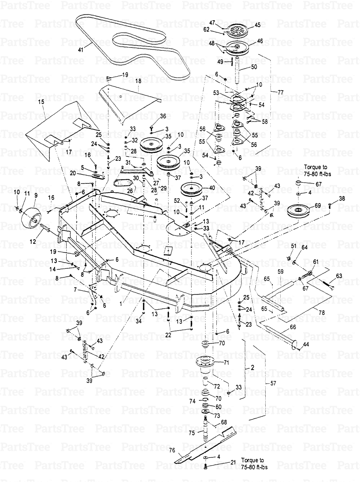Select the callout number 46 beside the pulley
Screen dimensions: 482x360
coord(260,42)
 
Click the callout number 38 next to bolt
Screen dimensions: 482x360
coord(341,199)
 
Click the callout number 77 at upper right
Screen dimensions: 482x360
coord(280,92)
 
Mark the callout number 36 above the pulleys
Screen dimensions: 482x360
coord(163,116)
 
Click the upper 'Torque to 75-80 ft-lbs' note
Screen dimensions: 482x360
coord(317,170)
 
